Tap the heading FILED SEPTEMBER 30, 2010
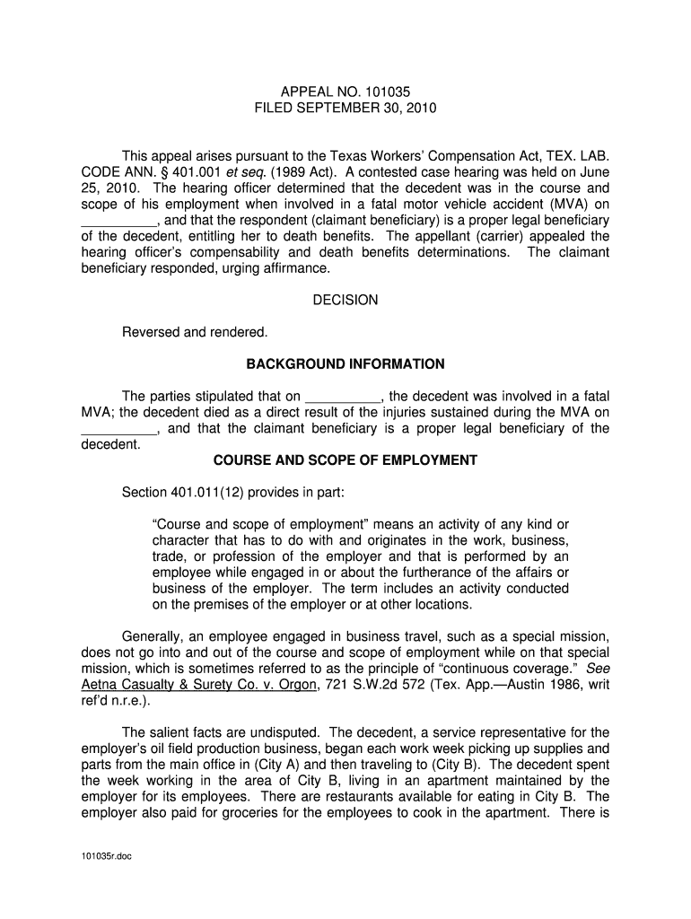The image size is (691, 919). pyautogui.click(x=345, y=108)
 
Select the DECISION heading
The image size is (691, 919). pyautogui.click(x=345, y=300)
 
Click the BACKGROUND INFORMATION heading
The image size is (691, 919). pyautogui.click(x=345, y=364)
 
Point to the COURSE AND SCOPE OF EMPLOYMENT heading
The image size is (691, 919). pyautogui.click(x=345, y=460)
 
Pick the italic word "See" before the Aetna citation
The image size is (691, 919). pyautogui.click(x=598, y=670)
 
